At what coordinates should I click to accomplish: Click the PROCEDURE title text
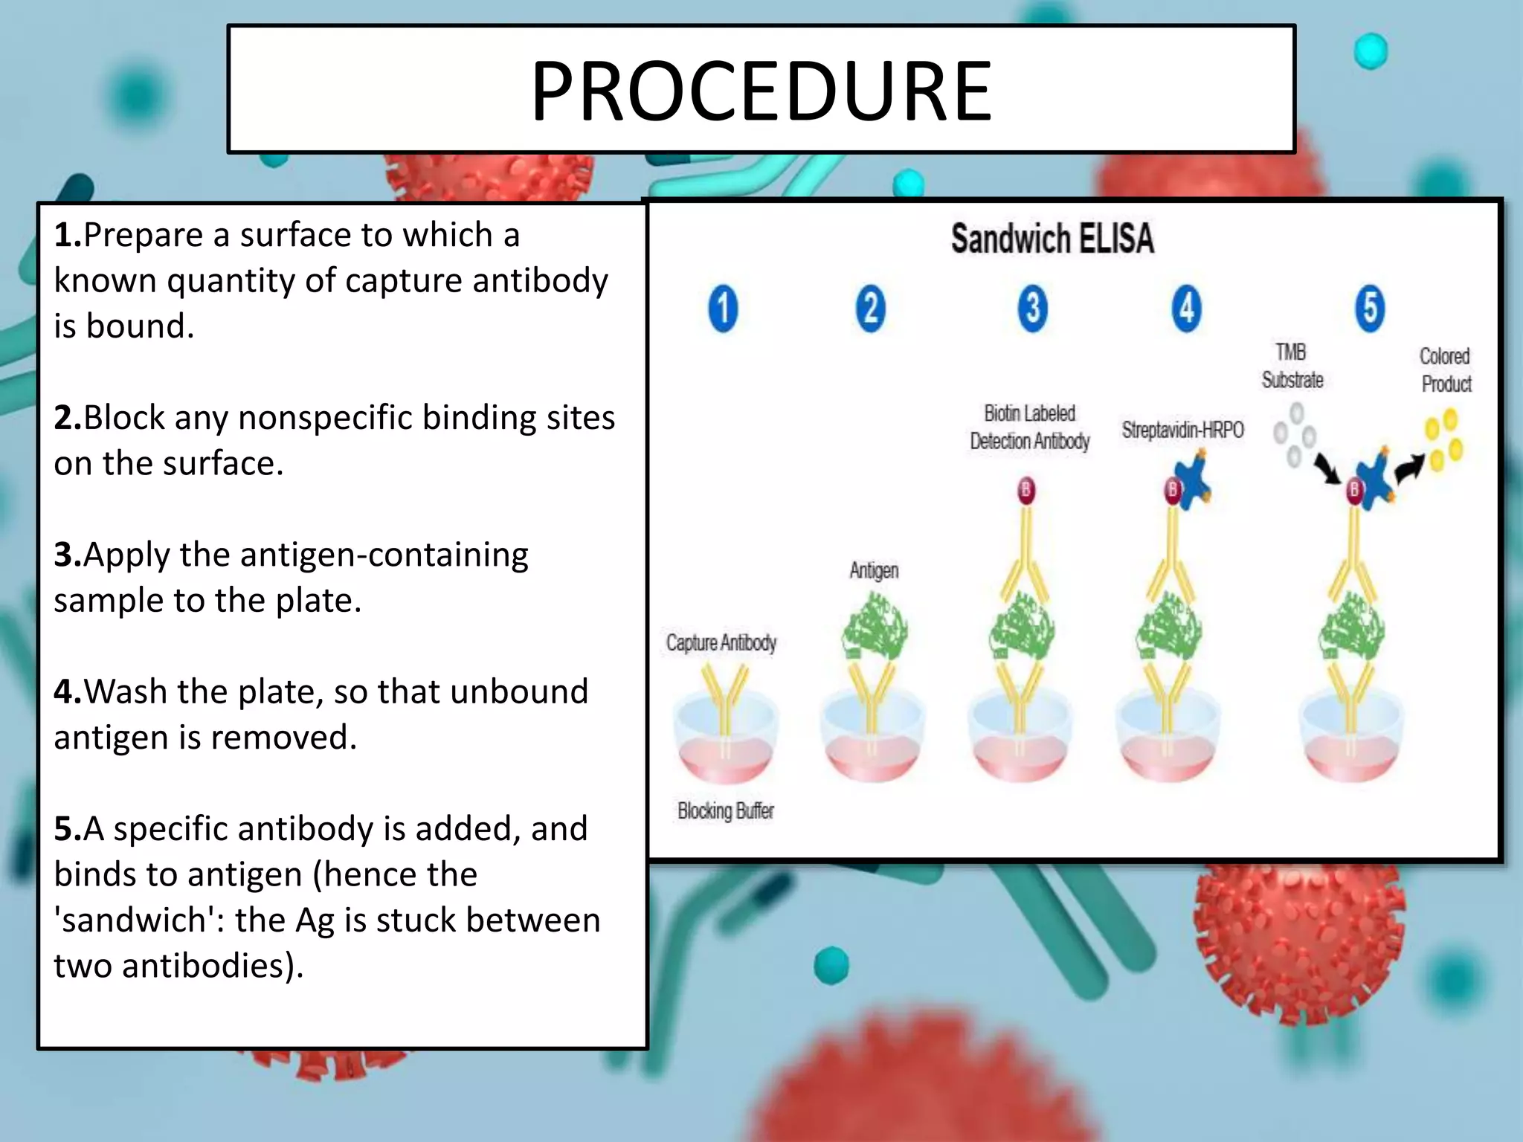click(761, 91)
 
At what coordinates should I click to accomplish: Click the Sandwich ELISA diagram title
click(1052, 239)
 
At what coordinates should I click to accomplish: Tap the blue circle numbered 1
click(723, 308)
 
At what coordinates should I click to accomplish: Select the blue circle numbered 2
click(870, 308)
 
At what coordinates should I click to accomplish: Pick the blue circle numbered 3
click(1032, 308)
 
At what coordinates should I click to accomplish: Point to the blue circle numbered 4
click(1186, 308)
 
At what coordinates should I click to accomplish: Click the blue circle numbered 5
click(1370, 308)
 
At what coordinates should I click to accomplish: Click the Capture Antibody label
click(721, 642)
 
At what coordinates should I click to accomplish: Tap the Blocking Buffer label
click(725, 810)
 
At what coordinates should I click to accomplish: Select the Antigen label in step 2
click(874, 570)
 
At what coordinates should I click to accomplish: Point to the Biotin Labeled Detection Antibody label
click(1029, 428)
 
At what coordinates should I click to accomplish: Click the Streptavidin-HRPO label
click(1182, 430)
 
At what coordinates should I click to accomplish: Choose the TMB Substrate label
click(1292, 366)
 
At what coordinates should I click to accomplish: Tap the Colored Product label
click(1446, 370)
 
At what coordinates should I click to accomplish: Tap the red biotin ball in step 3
click(1026, 490)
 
